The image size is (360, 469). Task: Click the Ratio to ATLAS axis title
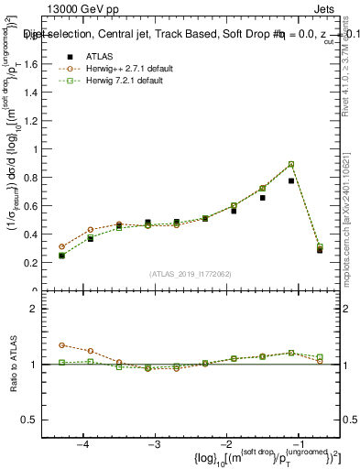[13, 365]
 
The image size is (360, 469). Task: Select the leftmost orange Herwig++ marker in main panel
[62, 246]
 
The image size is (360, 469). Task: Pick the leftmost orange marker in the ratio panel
[62, 345]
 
